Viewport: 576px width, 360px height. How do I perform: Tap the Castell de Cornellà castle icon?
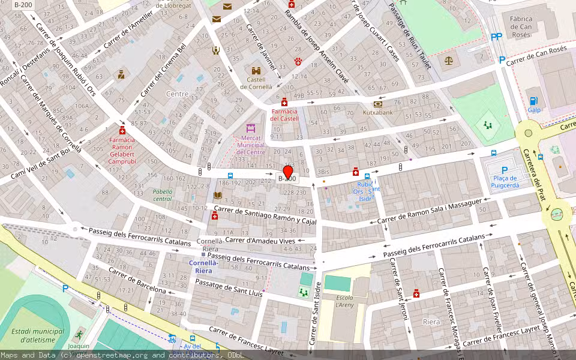tap(256, 71)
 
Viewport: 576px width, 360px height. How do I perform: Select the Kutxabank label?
tap(377, 112)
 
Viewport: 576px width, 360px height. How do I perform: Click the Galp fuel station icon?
tap(533, 101)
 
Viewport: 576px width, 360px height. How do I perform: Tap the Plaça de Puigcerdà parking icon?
tap(504, 170)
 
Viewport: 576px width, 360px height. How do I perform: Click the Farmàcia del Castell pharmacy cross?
tap(284, 103)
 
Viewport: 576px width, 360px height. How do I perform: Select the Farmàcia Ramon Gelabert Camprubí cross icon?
tap(122, 131)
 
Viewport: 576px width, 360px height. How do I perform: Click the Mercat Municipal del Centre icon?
tap(251, 128)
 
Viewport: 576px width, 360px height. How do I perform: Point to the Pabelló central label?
tap(163, 195)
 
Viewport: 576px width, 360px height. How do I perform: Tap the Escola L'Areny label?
tap(344, 302)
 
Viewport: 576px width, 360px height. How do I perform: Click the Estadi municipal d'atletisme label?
tap(38, 335)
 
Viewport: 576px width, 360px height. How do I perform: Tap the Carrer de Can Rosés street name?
tap(536, 57)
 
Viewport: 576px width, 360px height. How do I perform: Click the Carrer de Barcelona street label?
tap(137, 281)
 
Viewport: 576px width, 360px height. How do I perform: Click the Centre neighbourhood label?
tap(177, 94)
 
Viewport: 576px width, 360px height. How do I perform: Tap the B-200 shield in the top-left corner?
tap(23, 5)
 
